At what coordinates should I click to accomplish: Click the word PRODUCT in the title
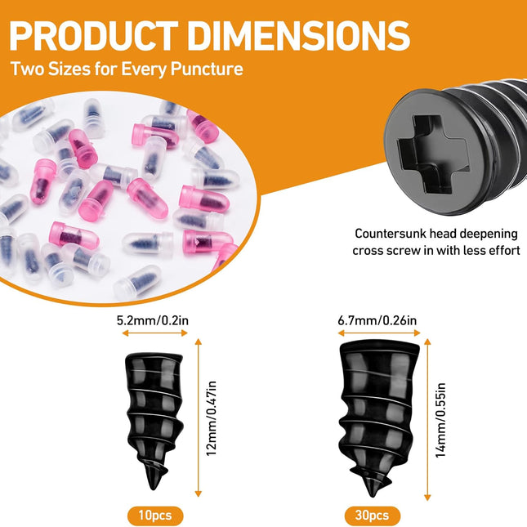(x=94, y=36)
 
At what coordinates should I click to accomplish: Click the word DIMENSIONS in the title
(x=299, y=36)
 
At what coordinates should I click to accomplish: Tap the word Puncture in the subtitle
(x=207, y=69)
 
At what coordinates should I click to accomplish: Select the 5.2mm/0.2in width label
(x=153, y=320)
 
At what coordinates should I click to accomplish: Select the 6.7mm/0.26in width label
(x=377, y=320)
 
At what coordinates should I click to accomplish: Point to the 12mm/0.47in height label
(x=211, y=418)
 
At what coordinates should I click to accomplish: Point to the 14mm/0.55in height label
(x=440, y=420)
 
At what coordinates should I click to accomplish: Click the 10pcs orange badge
(x=155, y=516)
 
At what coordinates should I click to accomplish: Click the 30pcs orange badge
(x=372, y=516)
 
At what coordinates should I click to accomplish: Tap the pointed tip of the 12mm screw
(x=153, y=489)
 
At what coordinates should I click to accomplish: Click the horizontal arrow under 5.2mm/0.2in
(x=154, y=333)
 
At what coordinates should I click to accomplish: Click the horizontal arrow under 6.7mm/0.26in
(x=379, y=333)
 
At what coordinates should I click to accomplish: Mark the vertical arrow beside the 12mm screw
(x=199, y=418)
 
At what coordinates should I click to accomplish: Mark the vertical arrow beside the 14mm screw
(x=427, y=420)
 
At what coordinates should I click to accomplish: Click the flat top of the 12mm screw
(x=154, y=356)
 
